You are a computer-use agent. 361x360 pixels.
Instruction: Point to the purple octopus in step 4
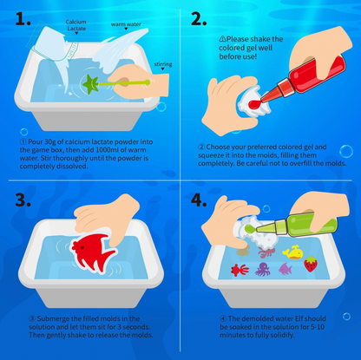coord(266,252)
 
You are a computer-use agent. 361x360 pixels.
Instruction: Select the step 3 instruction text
coord(90,329)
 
